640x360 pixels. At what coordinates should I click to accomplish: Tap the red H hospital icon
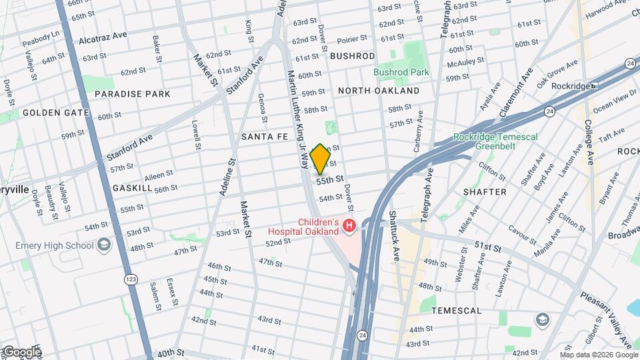[349, 227]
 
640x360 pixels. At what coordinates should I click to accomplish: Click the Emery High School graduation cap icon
[103, 245]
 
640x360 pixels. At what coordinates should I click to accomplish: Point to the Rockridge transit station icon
[593, 86]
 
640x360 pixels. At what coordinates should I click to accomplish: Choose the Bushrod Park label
[401, 72]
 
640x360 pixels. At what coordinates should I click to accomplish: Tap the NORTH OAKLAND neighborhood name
[379, 91]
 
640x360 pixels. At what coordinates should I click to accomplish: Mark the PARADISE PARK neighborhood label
[132, 94]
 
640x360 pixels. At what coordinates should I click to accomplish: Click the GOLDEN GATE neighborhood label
[56, 113]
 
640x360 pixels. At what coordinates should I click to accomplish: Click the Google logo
[21, 351]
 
